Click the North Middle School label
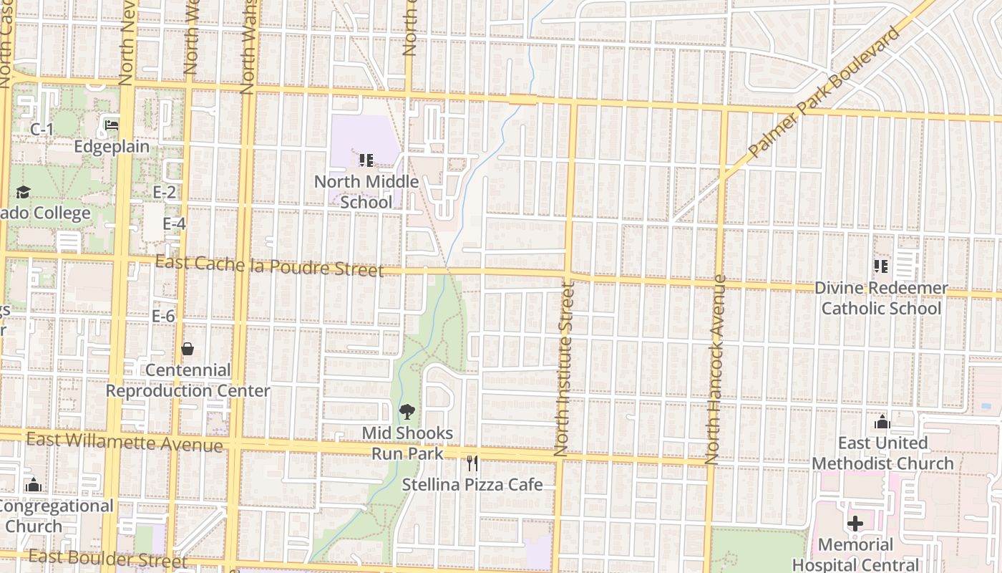pos(366,192)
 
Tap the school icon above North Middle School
pos(366,160)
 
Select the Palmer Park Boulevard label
pos(823,93)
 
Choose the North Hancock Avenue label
pos(716,370)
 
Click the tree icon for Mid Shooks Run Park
pos(407,412)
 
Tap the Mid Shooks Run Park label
pos(407,443)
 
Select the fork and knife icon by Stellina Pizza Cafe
pos(472,463)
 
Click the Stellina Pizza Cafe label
pos(472,485)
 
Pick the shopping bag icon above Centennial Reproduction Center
pos(188,349)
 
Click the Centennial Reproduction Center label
pos(188,380)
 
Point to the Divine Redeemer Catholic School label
pos(881,298)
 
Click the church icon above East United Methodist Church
pos(882,422)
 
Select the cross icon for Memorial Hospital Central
pos(855,524)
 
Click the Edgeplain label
pos(112,147)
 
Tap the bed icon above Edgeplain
pos(112,125)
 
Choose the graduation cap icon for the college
pos(23,192)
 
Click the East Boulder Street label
pos(107,559)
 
